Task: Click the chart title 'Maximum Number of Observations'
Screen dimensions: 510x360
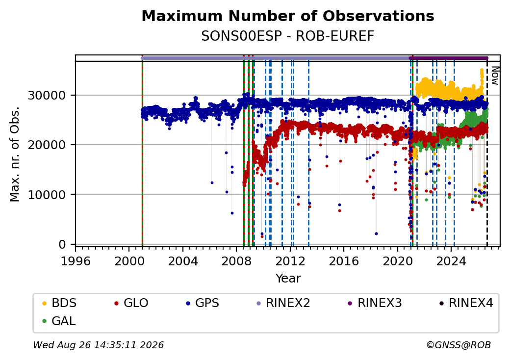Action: [288, 16]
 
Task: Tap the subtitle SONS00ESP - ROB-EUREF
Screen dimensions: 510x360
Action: [288, 36]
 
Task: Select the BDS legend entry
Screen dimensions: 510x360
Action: [59, 303]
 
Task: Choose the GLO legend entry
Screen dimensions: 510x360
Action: [131, 303]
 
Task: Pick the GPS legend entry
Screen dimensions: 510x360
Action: [203, 303]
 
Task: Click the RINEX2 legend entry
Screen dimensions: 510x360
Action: [283, 303]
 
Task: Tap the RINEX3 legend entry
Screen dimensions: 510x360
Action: [375, 303]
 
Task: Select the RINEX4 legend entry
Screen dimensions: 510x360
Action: [466, 303]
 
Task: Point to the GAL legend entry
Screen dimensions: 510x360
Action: [59, 321]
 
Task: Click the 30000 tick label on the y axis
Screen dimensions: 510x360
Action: [47, 96]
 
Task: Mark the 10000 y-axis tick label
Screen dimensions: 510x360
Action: [47, 195]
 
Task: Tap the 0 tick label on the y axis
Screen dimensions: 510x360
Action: [62, 245]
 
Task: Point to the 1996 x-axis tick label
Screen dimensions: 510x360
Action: [76, 261]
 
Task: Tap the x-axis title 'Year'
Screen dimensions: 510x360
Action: [288, 279]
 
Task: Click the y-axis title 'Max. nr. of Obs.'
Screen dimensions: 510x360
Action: [15, 154]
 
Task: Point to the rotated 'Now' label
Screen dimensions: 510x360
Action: [495, 76]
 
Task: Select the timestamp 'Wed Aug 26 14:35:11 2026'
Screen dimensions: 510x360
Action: [98, 345]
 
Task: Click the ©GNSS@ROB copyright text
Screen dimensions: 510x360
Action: [459, 345]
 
